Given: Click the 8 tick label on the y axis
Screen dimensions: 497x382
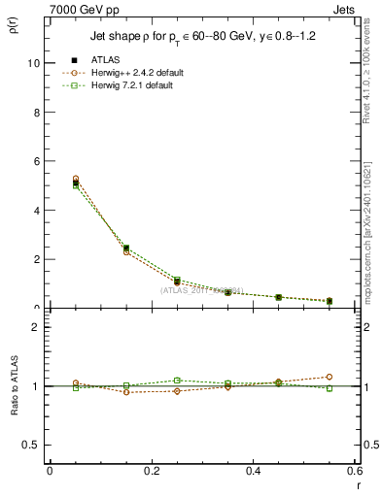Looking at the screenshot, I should [35, 112].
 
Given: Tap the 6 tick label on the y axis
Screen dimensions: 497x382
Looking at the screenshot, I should [35, 161].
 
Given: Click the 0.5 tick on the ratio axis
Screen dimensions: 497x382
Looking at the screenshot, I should [30, 445].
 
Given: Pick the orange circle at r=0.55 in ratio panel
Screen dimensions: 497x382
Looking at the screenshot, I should [330, 377].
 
